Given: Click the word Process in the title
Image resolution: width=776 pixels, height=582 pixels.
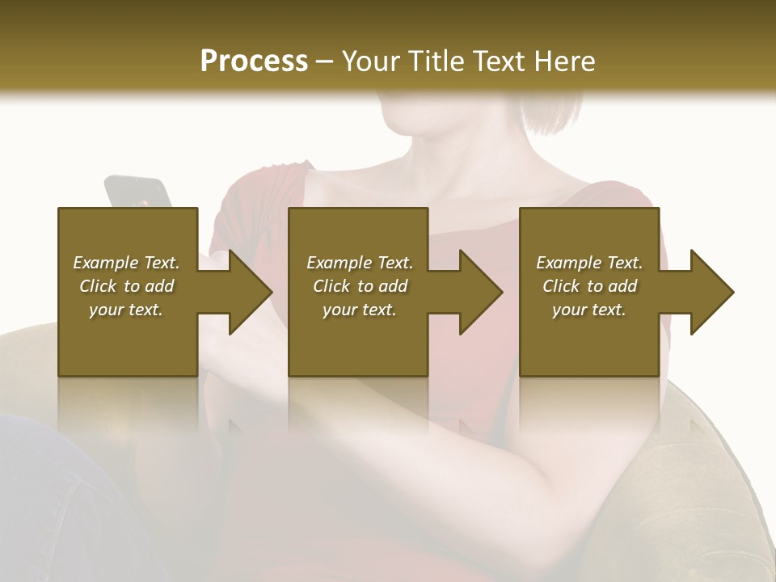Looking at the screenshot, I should pyautogui.click(x=254, y=61).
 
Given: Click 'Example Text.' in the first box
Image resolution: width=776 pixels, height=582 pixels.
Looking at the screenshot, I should pyautogui.click(x=126, y=263).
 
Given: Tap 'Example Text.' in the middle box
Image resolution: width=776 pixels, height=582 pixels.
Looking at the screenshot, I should pyautogui.click(x=360, y=263).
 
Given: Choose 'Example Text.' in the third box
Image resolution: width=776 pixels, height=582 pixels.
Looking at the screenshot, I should pyautogui.click(x=589, y=263).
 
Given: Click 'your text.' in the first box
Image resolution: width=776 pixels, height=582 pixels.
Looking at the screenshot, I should pyautogui.click(x=126, y=310).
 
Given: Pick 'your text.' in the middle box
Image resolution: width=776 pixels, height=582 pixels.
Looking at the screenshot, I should pyautogui.click(x=360, y=310).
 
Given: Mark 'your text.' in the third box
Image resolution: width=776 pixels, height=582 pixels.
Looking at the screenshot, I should pyautogui.click(x=589, y=310).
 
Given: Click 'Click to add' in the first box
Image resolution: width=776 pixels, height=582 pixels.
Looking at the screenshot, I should pyautogui.click(x=126, y=286).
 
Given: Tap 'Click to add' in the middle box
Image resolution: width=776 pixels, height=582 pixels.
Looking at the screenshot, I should pyautogui.click(x=360, y=286).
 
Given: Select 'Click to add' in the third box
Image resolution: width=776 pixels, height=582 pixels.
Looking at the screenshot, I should pyautogui.click(x=589, y=286).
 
